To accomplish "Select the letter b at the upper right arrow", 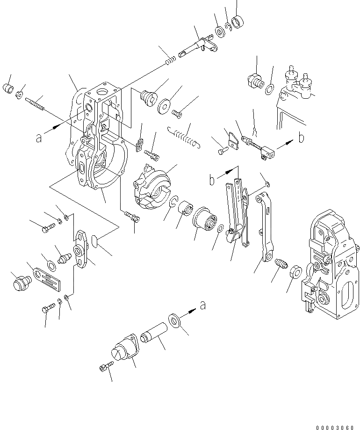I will [302, 138].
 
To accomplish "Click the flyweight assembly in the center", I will [151, 187].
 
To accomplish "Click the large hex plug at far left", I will [21, 284].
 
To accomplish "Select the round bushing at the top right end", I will [239, 22].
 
